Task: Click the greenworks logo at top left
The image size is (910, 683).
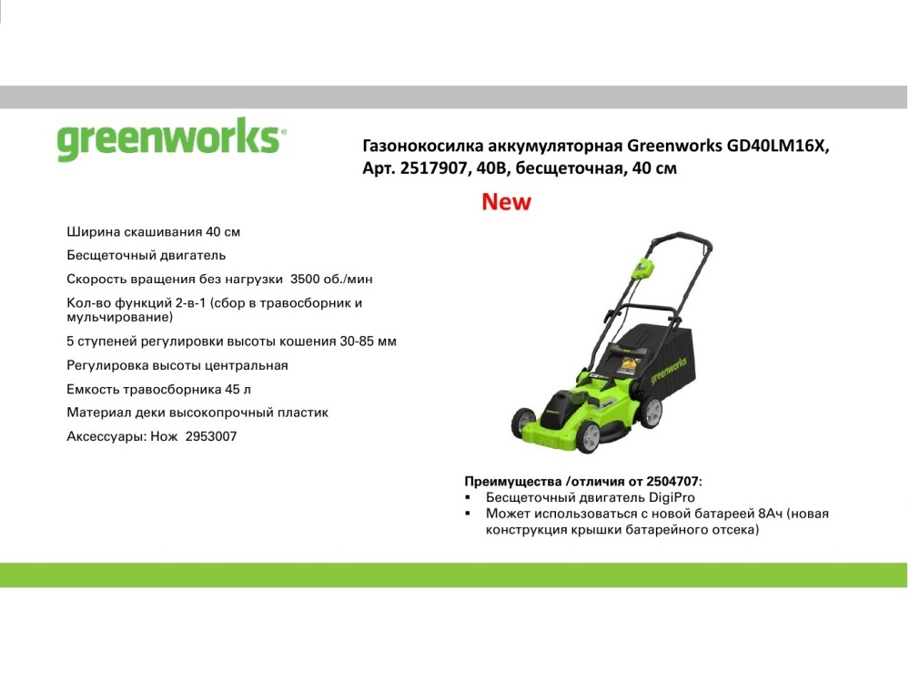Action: [172, 138]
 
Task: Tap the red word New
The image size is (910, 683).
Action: [506, 201]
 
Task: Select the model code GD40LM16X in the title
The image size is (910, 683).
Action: [778, 145]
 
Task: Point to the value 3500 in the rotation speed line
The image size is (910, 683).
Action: [305, 279]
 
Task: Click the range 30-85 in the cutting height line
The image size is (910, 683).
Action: [357, 341]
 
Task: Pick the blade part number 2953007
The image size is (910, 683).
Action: [211, 436]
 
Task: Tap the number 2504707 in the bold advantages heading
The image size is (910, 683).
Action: [672, 482]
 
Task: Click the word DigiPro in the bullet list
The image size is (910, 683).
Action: [672, 498]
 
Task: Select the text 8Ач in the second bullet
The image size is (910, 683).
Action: [770, 514]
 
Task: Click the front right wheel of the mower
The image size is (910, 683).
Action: [589, 436]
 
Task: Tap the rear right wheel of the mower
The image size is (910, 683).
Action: [651, 412]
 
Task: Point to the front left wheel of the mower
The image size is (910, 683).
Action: [523, 422]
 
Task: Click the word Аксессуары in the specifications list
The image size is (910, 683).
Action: [106, 436]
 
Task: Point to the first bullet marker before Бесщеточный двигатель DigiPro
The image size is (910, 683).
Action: [468, 498]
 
